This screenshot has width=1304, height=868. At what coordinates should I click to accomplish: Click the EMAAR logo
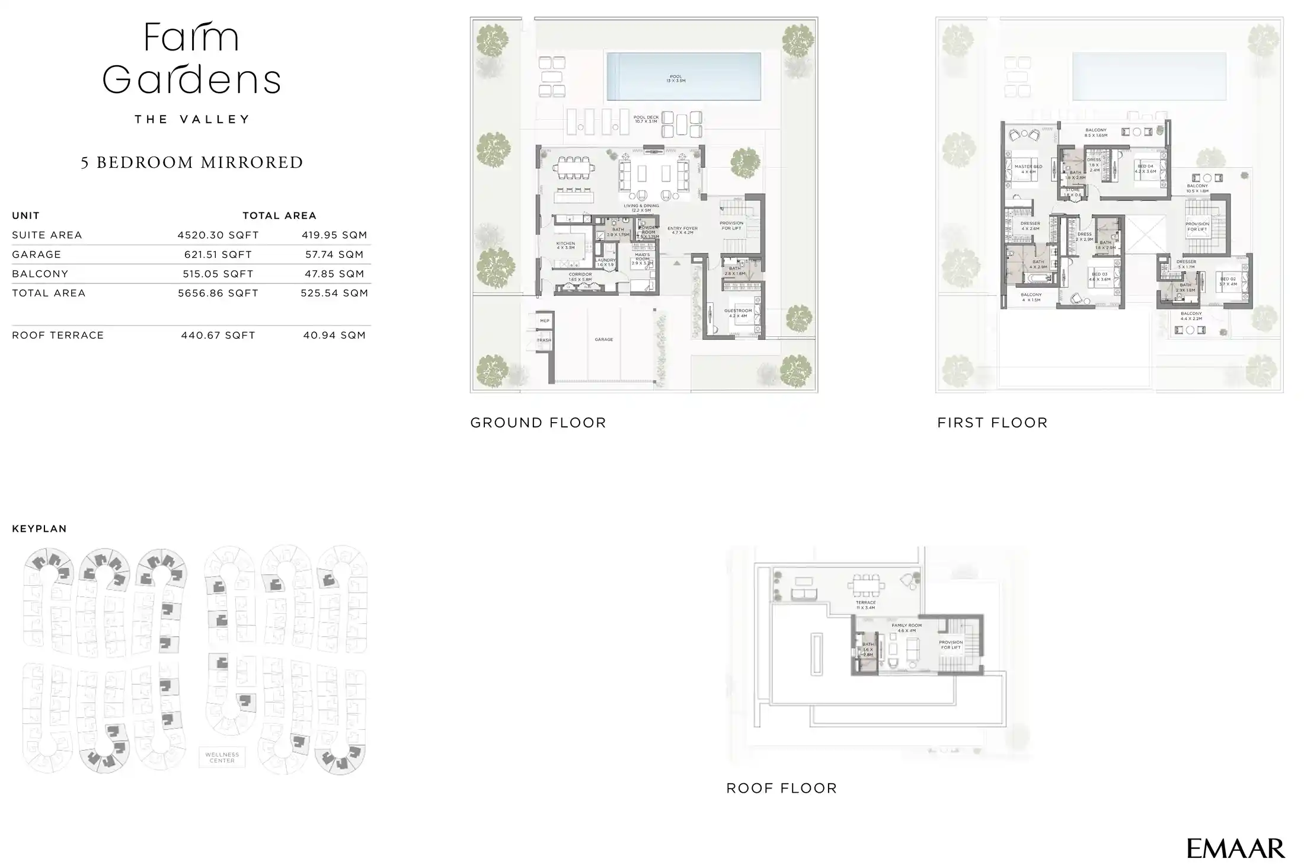click(1235, 848)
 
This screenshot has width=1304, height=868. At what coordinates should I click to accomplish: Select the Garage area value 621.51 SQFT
click(218, 254)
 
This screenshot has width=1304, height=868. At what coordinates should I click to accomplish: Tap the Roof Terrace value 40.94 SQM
click(334, 335)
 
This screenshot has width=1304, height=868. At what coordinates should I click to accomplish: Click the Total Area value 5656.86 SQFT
click(218, 293)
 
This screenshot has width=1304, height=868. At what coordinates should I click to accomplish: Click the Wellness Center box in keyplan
click(222, 757)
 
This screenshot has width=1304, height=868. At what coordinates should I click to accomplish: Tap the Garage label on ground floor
click(603, 340)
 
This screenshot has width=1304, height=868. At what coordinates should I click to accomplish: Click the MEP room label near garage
click(545, 321)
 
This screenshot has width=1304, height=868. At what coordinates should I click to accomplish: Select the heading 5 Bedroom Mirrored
click(192, 162)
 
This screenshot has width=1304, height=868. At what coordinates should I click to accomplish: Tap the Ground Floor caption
click(538, 423)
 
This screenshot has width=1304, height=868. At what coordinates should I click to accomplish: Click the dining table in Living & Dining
click(574, 168)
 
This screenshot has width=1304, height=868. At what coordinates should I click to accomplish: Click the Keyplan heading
click(39, 529)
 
